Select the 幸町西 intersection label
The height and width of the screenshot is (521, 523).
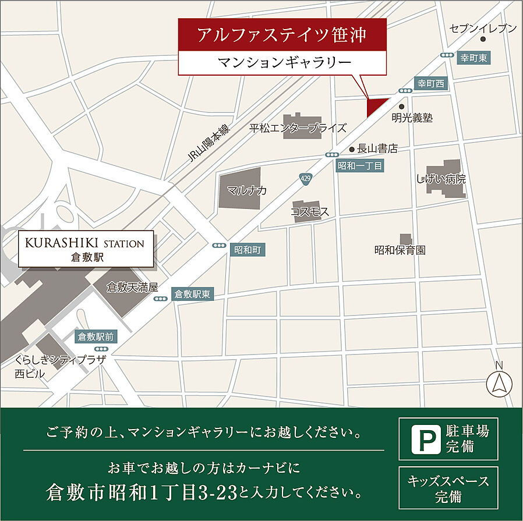pyautogui.click(x=430, y=84)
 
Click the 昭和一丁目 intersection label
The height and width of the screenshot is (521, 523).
pyautogui.click(x=361, y=166)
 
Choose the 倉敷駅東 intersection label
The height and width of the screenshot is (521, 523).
pyautogui.click(x=192, y=295)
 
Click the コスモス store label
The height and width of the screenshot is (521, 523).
pyautogui.click(x=310, y=212)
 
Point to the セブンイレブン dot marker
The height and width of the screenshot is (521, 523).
pyautogui.click(x=483, y=40)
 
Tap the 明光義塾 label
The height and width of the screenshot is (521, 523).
pyautogui.click(x=412, y=118)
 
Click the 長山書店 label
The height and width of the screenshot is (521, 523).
pyautogui.click(x=377, y=149)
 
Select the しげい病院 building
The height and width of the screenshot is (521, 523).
pyautogui.click(x=444, y=177)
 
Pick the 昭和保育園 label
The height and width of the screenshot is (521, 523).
pyautogui.click(x=400, y=250)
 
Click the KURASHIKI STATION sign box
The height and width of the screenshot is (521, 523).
pyautogui.click(x=87, y=249)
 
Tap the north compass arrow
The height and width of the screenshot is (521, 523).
pyautogui.click(x=499, y=384)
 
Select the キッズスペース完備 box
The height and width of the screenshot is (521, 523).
pyautogui.click(x=448, y=488)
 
